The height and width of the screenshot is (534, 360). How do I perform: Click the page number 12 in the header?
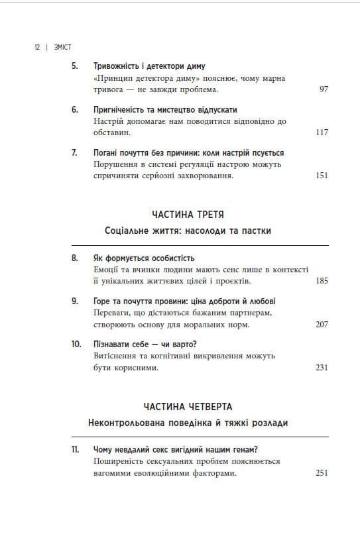pyautogui.click(x=36, y=48)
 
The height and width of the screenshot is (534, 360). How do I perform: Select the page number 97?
pyautogui.click(x=324, y=89)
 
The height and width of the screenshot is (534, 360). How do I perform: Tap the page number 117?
pyautogui.click(x=322, y=133)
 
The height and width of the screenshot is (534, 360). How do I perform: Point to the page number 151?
pyautogui.click(x=322, y=176)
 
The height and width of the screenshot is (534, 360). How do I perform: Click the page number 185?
pyautogui.click(x=322, y=282)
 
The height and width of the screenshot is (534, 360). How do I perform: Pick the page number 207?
pyautogui.click(x=322, y=325)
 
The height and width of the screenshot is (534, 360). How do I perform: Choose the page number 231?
pyautogui.click(x=322, y=368)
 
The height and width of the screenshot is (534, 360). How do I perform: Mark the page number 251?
pyautogui.click(x=322, y=474)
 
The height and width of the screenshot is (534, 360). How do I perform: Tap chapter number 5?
pyautogui.click(x=74, y=67)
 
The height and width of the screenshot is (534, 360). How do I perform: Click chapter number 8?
pyautogui.click(x=74, y=258)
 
